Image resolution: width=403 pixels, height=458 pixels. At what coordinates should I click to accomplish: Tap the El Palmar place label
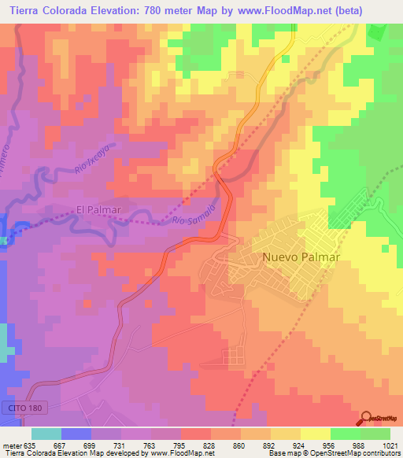pyautogui.click(x=99, y=209)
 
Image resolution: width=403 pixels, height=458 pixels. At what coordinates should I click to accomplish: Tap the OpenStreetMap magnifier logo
pyautogui.click(x=368, y=418)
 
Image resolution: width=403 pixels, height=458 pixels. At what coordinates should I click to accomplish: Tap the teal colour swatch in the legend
pyautogui.click(x=46, y=434)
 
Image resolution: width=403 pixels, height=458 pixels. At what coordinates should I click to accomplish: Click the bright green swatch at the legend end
pyautogui.click(x=375, y=434)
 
